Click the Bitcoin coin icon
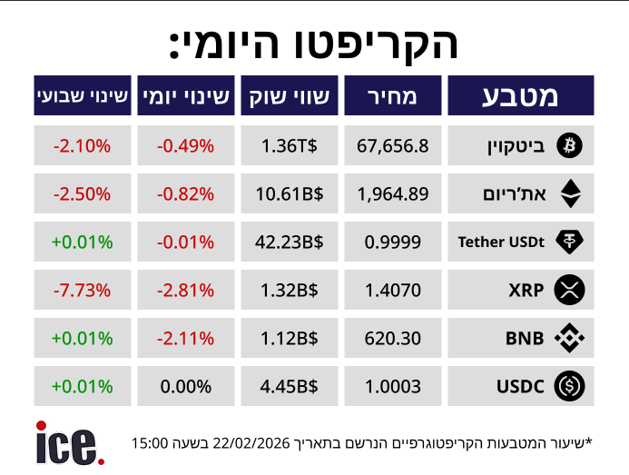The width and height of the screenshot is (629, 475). tap(570, 144)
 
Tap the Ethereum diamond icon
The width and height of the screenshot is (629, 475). tap(570, 193)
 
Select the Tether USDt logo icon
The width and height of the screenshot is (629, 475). tap(570, 242)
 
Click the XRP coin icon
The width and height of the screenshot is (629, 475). tap(570, 291)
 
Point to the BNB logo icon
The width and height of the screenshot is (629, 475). tap(570, 339)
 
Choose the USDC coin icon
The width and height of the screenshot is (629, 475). tap(570, 387)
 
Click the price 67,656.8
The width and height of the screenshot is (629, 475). tap(393, 145)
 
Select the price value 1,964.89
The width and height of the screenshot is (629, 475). tap(393, 193)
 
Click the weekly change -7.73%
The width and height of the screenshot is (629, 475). tap(82, 291)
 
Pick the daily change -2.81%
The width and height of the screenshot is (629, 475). tap(185, 291)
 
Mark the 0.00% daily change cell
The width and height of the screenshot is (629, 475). tap(185, 387)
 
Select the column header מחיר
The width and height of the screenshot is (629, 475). tap(393, 95)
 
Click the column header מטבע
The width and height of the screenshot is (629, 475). tap(521, 95)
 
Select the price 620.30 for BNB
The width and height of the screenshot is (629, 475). tap(393, 339)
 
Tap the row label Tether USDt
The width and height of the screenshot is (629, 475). tap(501, 242)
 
